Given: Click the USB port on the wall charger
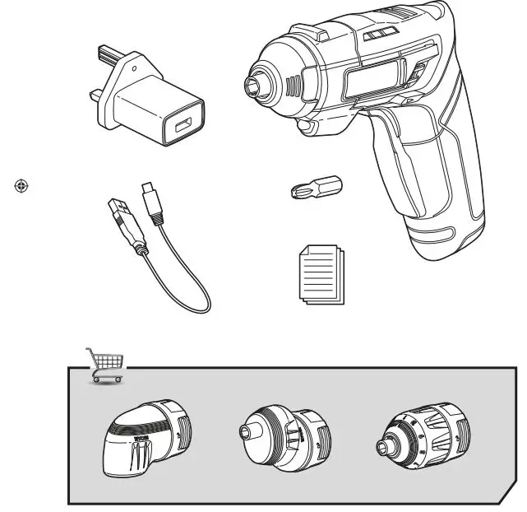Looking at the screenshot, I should click(180, 128).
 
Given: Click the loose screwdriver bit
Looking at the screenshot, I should click(317, 189).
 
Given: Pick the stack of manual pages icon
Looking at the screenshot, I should click(318, 276).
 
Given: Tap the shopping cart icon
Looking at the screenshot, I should click(105, 365).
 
